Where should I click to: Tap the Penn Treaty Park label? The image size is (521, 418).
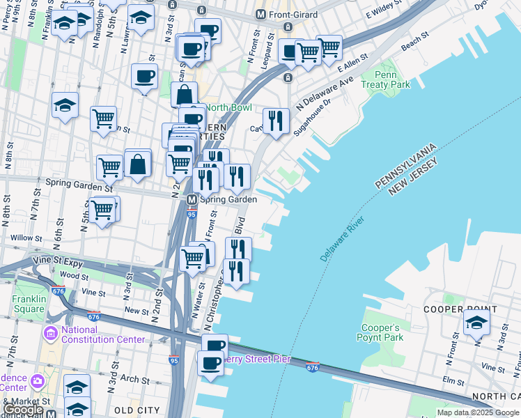coord(391,79)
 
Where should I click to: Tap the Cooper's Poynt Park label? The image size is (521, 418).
coord(382,332)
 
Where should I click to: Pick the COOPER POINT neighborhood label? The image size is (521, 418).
coord(460,309)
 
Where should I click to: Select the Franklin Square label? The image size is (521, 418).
coord(28,304)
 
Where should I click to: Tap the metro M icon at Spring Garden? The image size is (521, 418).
coord(192,199)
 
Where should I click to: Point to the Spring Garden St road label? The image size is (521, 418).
coord(79,186)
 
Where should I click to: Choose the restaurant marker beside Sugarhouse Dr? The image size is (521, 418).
coord(276,121)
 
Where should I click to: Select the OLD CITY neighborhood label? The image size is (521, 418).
coord(137,410)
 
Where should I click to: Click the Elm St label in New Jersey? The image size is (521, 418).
coord(453,381)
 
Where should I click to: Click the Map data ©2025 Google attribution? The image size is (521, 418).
coord(478,412)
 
